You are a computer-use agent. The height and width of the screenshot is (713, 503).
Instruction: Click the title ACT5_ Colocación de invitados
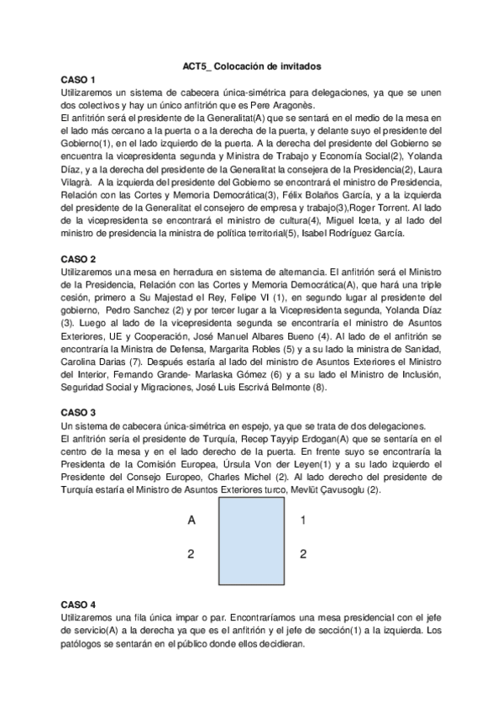(x=251, y=66)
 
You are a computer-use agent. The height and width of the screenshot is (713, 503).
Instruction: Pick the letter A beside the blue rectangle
(x=191, y=520)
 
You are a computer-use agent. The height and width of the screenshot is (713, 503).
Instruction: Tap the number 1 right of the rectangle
(x=303, y=520)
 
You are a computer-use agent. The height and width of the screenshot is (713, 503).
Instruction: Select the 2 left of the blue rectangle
(x=191, y=553)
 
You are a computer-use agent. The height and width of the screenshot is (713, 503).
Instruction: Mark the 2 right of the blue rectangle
(x=303, y=553)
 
